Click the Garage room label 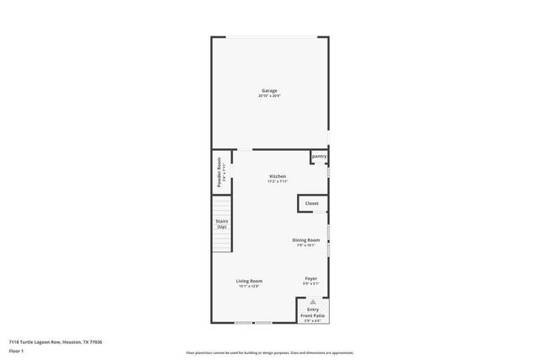[x=269, y=90]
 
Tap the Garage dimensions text [x=269, y=95]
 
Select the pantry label [x=319, y=156]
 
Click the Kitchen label [x=278, y=176]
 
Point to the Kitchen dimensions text [x=278, y=181]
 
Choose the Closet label [x=311, y=203]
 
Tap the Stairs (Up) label [x=222, y=224]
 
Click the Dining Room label [x=305, y=239]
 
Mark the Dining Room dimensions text [x=305, y=245]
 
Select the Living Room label [x=249, y=281]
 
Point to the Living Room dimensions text [x=249, y=287]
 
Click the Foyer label [x=311, y=278]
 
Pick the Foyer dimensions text [x=311, y=284]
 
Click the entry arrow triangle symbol [x=313, y=301]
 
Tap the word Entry [x=313, y=309]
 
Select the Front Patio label [x=313, y=315]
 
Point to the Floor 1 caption [x=15, y=351]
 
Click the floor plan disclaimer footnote [x=269, y=352]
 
